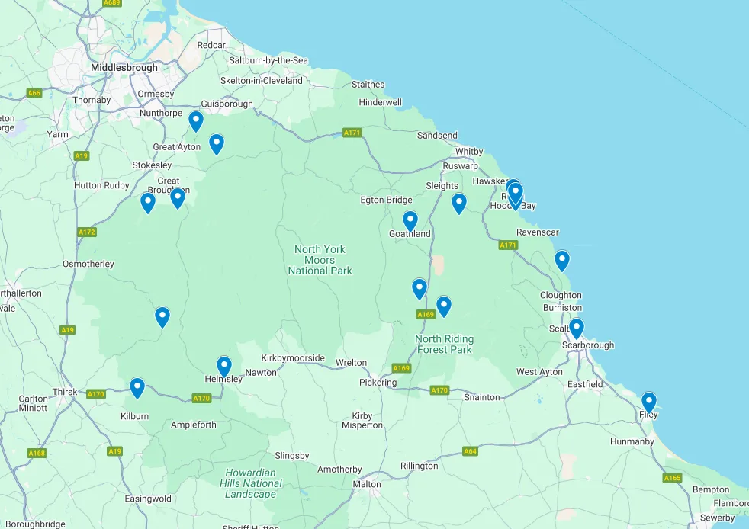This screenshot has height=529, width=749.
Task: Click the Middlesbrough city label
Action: coord(124,67)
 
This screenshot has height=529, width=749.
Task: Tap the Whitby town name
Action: coord(468,152)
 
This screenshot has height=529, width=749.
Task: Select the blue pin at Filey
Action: coord(648,401)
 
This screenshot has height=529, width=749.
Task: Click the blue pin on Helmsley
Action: coord(223,366)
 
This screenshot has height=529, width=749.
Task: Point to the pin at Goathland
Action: coord(410,220)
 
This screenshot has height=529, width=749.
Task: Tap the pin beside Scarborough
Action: coord(577,328)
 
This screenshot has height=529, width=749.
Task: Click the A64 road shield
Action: coord(470,451)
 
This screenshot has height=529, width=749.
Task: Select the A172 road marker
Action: coord(86,232)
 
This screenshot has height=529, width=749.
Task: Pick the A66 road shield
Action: coord(34,93)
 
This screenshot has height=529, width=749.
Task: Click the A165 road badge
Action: coord(672,478)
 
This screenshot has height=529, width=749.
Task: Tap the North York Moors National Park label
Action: coord(320,260)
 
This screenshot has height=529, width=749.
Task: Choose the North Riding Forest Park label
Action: coord(445,344)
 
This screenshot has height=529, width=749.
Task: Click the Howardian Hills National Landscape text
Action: coord(251,483)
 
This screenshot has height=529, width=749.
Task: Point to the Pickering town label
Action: coord(378,382)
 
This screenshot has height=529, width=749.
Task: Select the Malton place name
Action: coord(367,484)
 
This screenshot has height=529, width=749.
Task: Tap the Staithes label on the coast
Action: coord(368,85)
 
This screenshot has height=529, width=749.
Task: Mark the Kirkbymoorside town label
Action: coord(293,358)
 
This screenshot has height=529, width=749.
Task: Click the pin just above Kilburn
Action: coord(137,387)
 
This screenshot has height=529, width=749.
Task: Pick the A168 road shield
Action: coord(37,454)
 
